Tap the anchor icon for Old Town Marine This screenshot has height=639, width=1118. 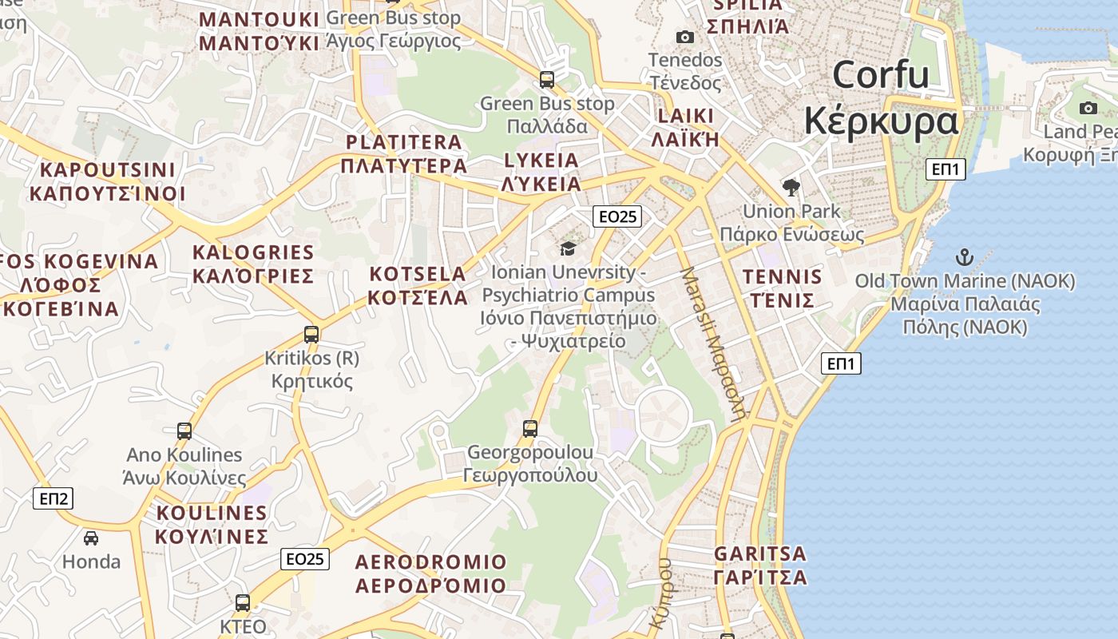click(x=965, y=257)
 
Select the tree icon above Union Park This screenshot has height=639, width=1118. click(x=791, y=188)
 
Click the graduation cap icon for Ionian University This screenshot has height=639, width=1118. click(x=568, y=248)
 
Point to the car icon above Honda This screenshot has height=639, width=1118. click(x=91, y=538)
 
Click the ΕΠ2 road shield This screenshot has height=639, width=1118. click(x=54, y=499)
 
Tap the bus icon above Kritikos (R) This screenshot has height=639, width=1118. click(x=311, y=335)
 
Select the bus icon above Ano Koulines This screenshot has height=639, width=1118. click(x=184, y=431)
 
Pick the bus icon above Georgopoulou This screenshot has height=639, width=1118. click(x=530, y=428)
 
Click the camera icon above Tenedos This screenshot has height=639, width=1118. click(x=684, y=37)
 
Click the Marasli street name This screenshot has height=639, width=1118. click(x=713, y=343)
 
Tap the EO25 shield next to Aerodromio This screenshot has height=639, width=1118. click(x=305, y=558)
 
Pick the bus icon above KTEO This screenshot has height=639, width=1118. click(x=243, y=603)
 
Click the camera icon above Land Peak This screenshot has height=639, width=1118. click(x=1088, y=108)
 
